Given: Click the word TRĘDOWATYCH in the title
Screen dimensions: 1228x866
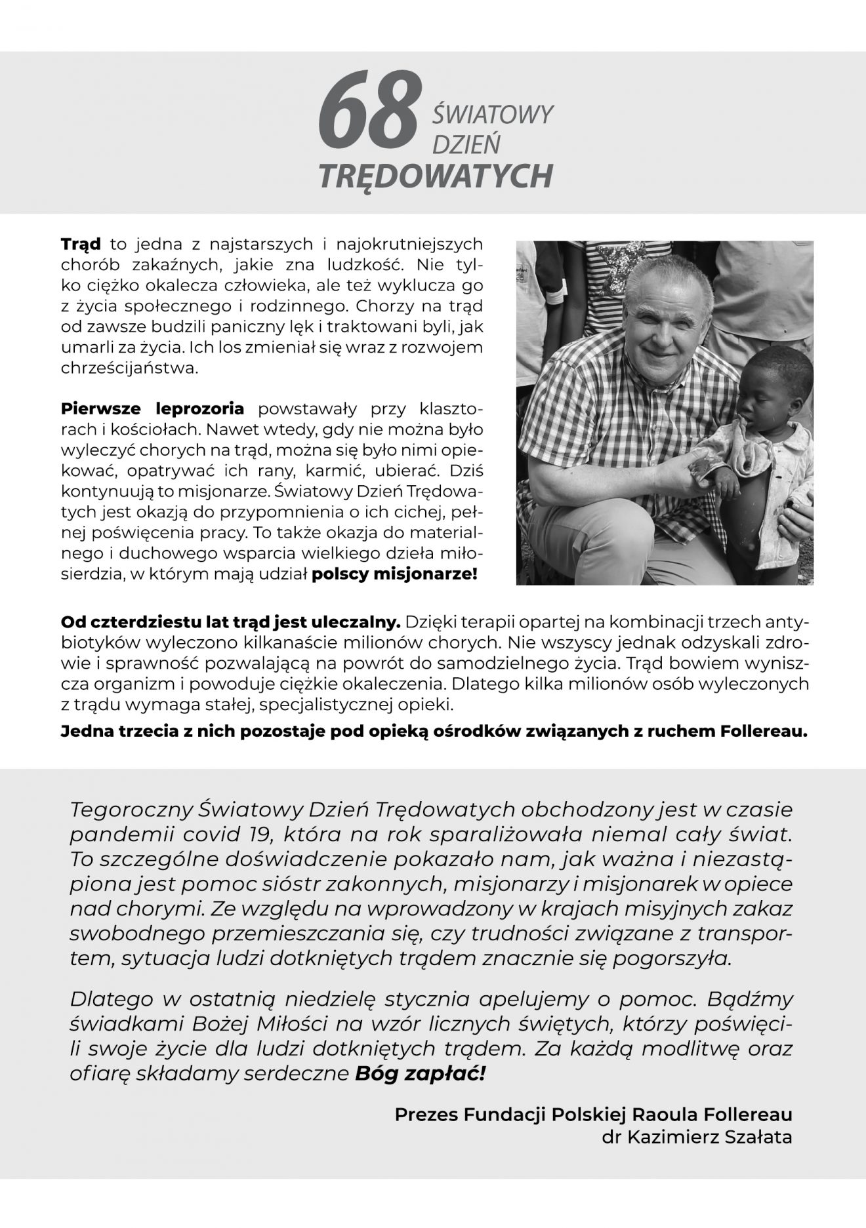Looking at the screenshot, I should [x=435, y=175].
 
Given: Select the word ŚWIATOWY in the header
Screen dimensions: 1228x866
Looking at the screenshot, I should [x=493, y=115].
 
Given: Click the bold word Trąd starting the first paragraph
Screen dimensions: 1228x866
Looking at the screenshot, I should [x=81, y=245].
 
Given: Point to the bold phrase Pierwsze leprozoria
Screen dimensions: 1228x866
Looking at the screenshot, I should [x=152, y=409].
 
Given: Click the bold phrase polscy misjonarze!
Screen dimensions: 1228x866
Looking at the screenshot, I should [x=395, y=575].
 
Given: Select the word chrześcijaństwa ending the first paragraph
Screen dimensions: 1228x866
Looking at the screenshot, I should [x=129, y=368].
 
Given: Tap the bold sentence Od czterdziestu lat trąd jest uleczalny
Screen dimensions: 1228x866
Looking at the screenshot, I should [x=230, y=622].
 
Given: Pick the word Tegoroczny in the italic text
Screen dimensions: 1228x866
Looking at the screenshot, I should [x=129, y=810].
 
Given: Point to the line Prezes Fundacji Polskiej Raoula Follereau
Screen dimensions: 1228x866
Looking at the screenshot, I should [x=593, y=1115].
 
